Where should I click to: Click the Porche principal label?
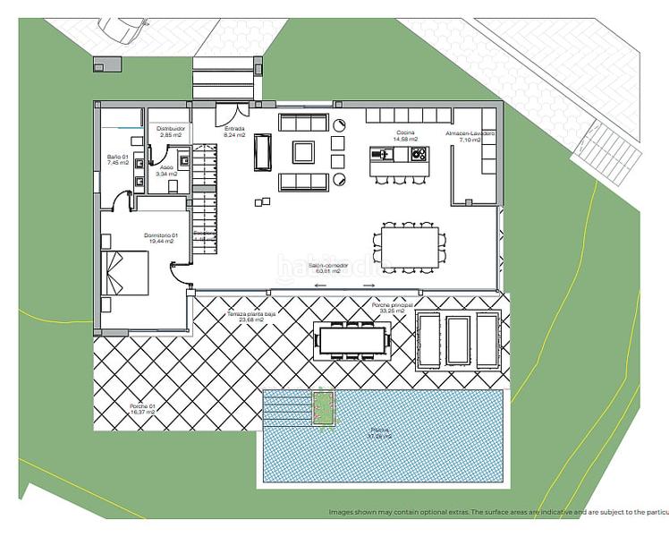pyautogui.click(x=393, y=306)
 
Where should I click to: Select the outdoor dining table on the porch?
pyautogui.click(x=352, y=339)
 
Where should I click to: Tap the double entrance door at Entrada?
pyautogui.click(x=234, y=113)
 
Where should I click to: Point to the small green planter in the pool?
pyautogui.click(x=322, y=407)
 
